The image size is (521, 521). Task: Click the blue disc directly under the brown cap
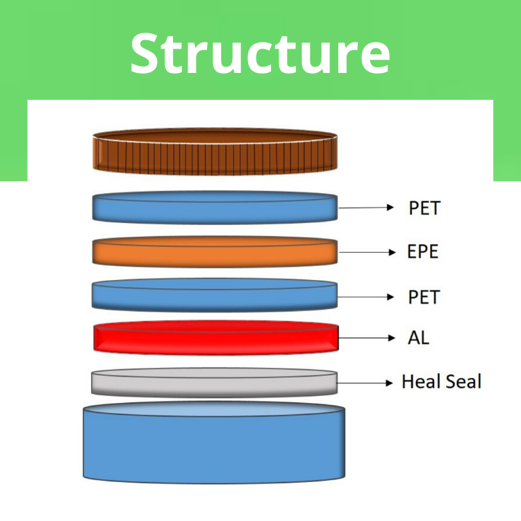(x=215, y=208)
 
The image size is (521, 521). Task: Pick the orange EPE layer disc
(x=215, y=252)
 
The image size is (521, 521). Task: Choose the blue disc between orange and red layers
(x=215, y=296)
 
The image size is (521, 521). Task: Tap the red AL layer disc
(x=215, y=338)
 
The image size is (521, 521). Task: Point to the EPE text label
(x=423, y=251)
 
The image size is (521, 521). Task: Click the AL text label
(x=419, y=338)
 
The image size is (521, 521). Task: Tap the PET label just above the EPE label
(x=424, y=208)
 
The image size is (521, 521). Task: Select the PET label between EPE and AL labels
(x=424, y=297)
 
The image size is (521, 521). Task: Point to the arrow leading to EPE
(x=366, y=252)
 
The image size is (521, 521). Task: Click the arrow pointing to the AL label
(x=366, y=338)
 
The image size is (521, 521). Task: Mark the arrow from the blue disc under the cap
(x=366, y=208)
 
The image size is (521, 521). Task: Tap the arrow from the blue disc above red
(x=366, y=297)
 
